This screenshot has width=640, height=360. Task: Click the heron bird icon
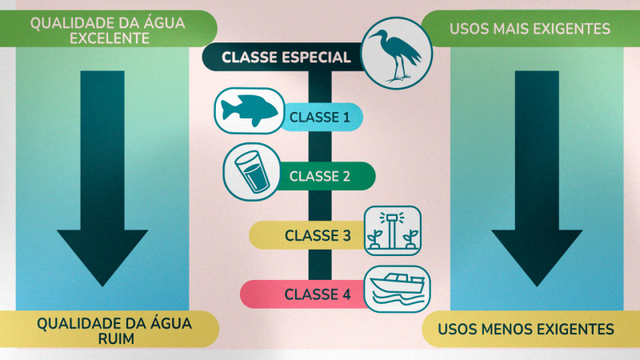pos(397,54)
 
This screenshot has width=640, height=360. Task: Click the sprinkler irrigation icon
pos(392,230)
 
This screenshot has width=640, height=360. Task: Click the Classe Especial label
pos(286,58)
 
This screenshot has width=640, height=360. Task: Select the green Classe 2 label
pos(320,176)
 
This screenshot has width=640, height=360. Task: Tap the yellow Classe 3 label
pos(318,235)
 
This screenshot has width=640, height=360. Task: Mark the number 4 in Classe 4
pos(346,294)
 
